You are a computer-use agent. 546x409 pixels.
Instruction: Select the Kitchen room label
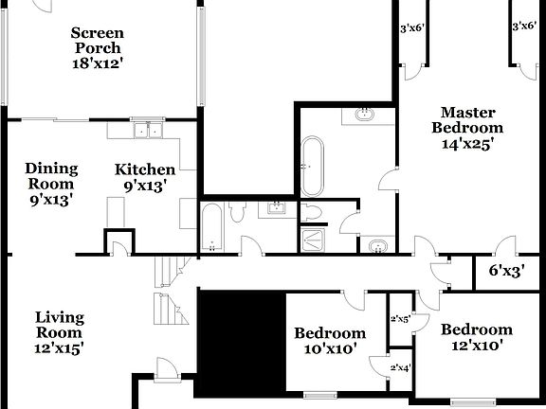145,169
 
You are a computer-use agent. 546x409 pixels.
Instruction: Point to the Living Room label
59,325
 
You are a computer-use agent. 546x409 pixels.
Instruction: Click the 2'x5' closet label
400,319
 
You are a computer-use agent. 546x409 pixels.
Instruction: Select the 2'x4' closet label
400,368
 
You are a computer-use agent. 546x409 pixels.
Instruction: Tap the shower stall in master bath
313,240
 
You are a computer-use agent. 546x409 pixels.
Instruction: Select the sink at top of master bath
365,116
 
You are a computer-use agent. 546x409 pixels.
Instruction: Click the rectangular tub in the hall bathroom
212,227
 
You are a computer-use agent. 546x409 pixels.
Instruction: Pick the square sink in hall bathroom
278,208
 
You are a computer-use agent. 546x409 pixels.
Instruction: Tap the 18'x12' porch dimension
98,63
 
